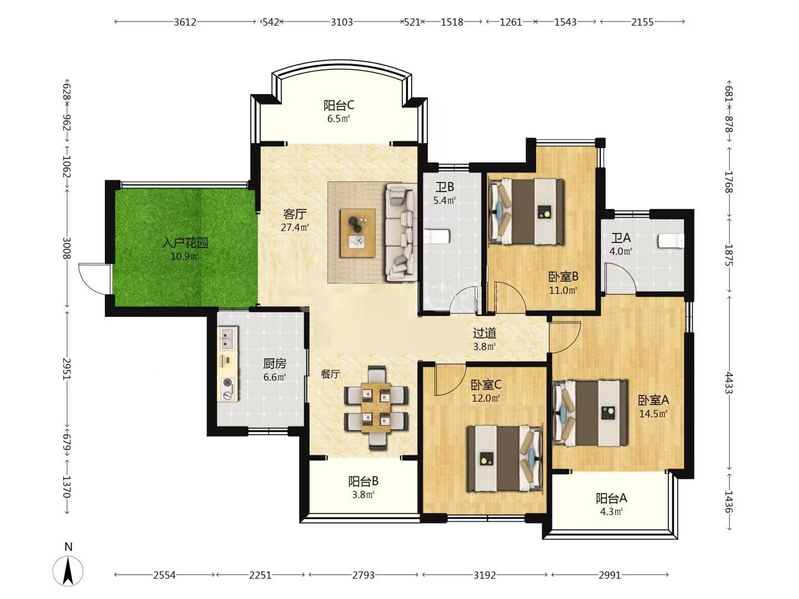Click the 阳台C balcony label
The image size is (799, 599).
coord(338,105)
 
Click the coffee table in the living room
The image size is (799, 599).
coord(358,233)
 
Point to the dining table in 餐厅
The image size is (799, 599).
coord(376,407)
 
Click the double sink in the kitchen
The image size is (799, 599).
coord(227,338)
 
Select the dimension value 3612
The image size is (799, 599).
coord(185,22)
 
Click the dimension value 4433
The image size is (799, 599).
coord(728,382)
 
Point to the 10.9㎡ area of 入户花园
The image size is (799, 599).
coord(185,257)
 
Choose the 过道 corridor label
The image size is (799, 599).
coord(484,333)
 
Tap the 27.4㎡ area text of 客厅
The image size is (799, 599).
coord(295,227)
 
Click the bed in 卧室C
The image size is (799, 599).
coord(505,458)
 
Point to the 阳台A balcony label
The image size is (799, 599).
coord(611,498)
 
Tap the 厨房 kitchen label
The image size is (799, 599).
coord(275,364)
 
